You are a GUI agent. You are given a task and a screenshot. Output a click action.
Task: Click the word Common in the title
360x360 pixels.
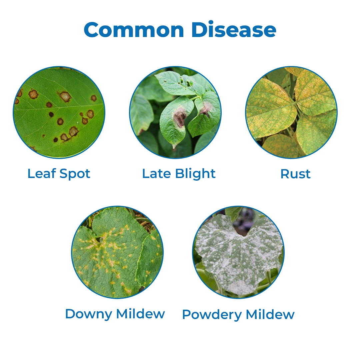(134, 30)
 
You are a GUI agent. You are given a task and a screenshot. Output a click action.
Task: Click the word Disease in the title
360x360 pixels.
(234, 29)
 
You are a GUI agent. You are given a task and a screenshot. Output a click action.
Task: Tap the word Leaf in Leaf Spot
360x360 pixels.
(42, 173)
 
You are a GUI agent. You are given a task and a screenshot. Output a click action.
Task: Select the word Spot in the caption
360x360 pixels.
(75, 174)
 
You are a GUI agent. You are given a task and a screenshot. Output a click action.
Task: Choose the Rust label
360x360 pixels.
(295, 174)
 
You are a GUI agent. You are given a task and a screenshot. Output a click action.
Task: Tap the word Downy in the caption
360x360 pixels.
(89, 314)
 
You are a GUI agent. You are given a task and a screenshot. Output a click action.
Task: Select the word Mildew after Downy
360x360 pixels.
(141, 314)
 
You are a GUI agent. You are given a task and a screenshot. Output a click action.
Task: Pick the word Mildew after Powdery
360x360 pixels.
(270, 314)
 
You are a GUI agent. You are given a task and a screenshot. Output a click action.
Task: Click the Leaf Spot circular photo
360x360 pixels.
(59, 112)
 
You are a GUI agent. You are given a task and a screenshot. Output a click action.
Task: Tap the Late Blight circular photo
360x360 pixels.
(175, 112)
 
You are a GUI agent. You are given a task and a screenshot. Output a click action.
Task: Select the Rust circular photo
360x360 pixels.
(291, 112)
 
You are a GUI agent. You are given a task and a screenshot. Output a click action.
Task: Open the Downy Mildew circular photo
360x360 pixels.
(117, 252)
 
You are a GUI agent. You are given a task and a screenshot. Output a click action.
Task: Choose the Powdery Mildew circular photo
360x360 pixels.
(238, 252)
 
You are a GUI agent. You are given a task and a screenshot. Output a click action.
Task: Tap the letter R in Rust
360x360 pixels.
(285, 174)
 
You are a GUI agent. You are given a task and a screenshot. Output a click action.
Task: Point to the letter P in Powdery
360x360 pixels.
(187, 314)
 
